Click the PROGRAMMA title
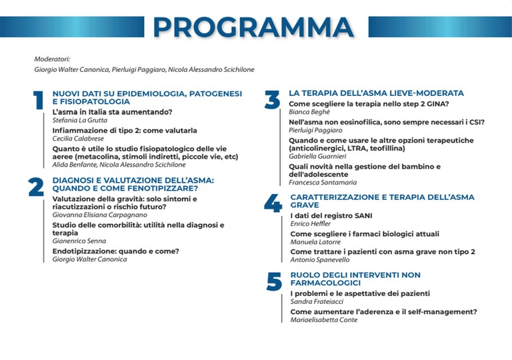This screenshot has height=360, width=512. point(253,27)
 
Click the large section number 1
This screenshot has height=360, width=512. point(39,100)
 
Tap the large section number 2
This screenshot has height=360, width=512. point(36,187)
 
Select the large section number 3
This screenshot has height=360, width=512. point(272,99)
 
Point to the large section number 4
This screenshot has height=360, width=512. point(273,203)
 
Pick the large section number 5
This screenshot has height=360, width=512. point(274,281)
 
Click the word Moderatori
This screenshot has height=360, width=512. point(52,59)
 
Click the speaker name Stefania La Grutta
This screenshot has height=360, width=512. point(80,120)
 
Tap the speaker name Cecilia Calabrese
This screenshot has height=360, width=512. point(78,139)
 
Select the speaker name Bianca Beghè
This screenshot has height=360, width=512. point(309,112)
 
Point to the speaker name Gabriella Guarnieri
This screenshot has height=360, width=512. point(317,157)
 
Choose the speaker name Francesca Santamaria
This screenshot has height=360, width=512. point(323,182)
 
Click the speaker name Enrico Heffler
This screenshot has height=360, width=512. point(310,224)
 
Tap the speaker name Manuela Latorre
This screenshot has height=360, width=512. point(315,242)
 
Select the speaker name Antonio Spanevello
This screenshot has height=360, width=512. point(320,260)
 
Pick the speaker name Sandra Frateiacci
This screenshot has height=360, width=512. point(317,301)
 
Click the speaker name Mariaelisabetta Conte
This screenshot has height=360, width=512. point(324,320)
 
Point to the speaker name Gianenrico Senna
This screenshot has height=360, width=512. point(79,241)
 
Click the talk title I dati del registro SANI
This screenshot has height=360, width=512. point(331,215)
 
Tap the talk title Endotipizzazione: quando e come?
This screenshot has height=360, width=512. point(116,251)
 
